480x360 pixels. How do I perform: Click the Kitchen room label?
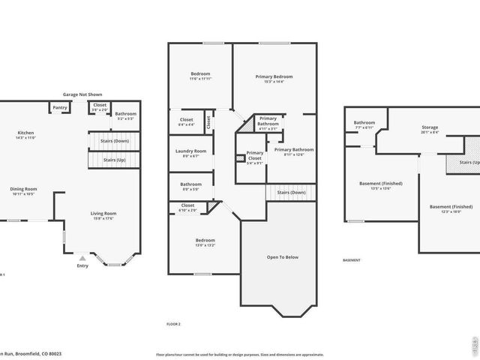[x=25, y=134]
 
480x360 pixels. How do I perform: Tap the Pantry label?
[x=60, y=107]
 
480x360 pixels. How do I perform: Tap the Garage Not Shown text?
[x=82, y=94]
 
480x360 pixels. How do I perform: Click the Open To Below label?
[x=283, y=257]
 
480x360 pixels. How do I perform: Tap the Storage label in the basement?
[x=430, y=128]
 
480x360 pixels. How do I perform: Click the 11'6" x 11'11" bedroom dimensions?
[x=200, y=78]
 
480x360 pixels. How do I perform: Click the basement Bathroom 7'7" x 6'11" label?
[x=364, y=124]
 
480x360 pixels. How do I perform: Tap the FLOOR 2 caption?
[x=173, y=324]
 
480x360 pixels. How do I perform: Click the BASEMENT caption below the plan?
[x=352, y=260]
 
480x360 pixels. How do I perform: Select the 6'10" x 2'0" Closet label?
[x=187, y=207]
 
